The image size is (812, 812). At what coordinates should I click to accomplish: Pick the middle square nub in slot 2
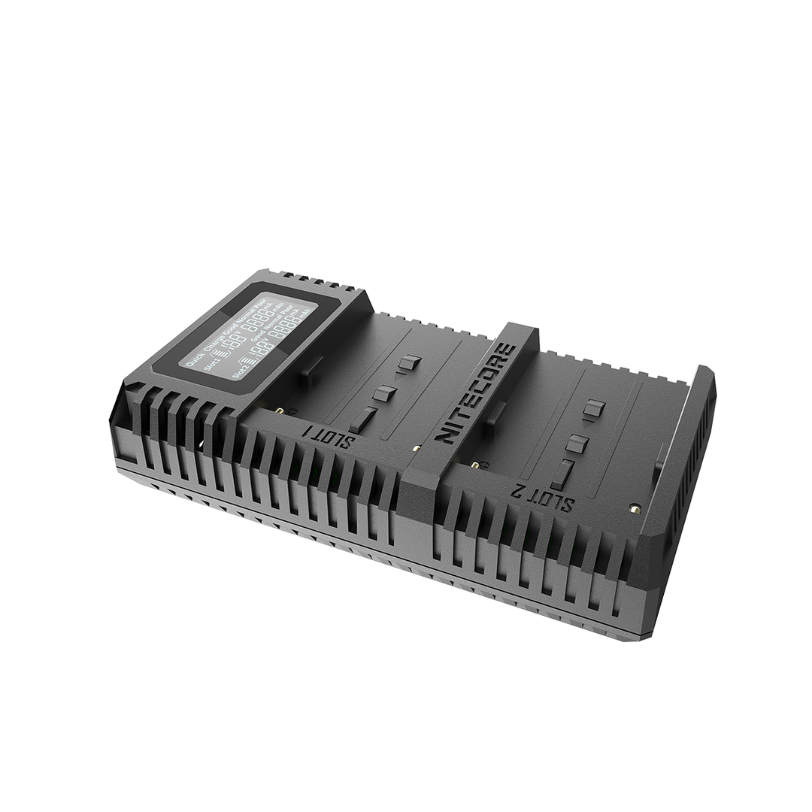pos(577,442)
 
